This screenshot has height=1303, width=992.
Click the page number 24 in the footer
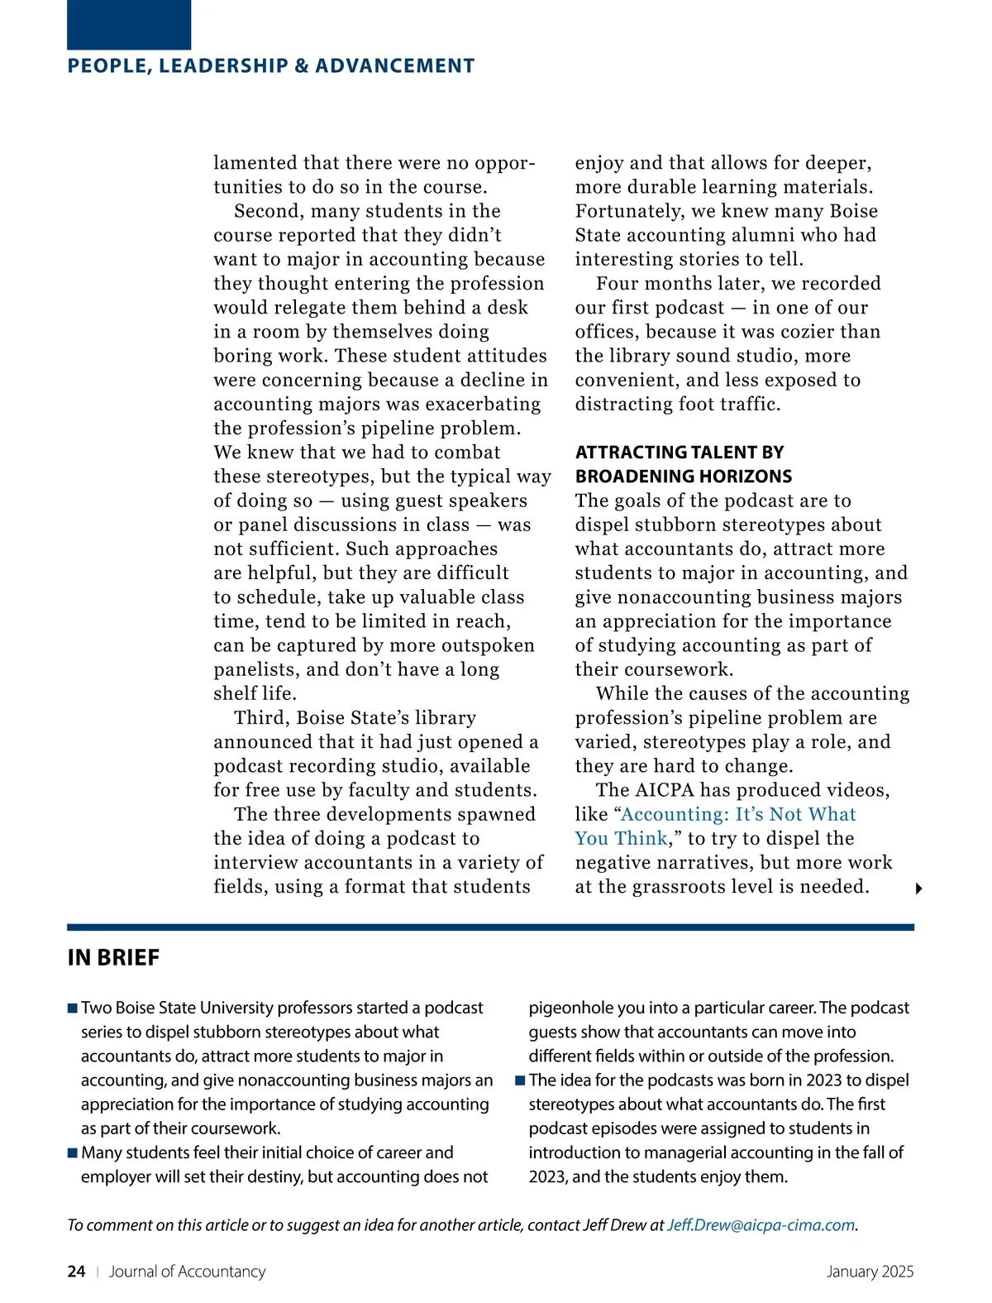coord(76,1272)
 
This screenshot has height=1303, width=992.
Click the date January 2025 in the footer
coord(870,1272)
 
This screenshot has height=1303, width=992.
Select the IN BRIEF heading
coord(113,958)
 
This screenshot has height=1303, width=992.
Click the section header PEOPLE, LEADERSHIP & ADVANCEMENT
coord(271,66)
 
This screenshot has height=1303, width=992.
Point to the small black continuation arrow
coord(918,889)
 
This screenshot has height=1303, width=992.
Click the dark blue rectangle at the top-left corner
coord(129,25)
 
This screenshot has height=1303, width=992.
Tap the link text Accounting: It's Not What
coord(738,814)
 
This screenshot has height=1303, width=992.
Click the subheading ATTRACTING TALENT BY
coord(680,453)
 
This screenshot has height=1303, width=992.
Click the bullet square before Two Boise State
coord(73,1008)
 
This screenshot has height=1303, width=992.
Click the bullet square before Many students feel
coord(73,1153)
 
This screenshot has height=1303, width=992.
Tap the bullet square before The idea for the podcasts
coord(520,1080)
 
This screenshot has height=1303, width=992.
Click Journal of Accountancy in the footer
coord(187,1272)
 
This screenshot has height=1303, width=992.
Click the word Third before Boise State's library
coord(261,718)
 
